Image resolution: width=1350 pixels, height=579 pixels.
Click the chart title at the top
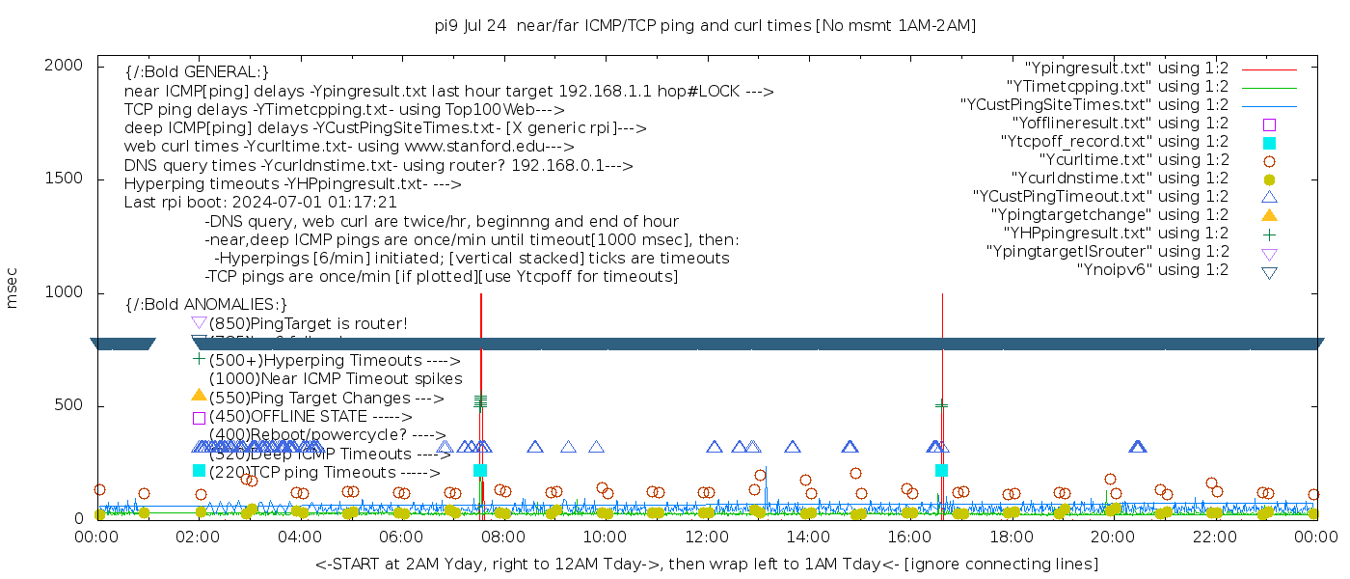pos(705,26)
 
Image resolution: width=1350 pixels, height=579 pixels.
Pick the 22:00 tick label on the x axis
pos(1214,538)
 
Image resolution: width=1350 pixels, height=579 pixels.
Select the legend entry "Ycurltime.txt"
pos(1133,160)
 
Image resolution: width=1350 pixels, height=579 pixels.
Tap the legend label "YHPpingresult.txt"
pos(1116,234)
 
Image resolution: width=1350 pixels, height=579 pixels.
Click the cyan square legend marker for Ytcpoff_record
pos(1269,143)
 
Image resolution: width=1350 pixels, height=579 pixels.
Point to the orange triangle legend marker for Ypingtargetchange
pos(1269,215)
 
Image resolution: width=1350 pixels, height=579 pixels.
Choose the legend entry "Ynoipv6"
pos(1152,270)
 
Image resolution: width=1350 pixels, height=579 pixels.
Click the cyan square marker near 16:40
pos(941,470)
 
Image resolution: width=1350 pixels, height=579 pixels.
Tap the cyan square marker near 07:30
pos(480,470)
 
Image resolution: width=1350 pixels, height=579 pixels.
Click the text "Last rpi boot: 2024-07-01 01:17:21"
pos(260,203)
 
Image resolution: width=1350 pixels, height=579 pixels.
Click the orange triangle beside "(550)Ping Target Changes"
pos(199,395)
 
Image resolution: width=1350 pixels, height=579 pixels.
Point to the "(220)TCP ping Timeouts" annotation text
pos(324,473)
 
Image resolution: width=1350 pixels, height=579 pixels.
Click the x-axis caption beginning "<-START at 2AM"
pos(706,564)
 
